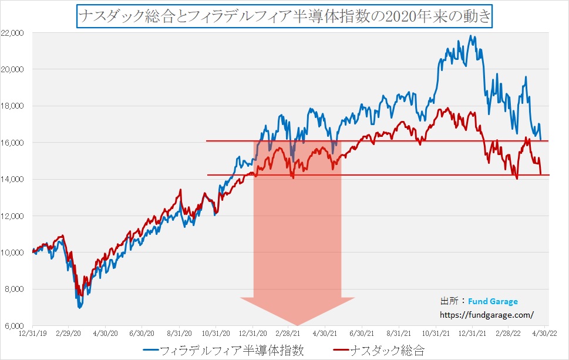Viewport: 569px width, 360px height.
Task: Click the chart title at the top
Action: [x=284, y=15]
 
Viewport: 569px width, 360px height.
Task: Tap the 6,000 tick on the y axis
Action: [x=14, y=326]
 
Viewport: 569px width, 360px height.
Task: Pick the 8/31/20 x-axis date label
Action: [x=179, y=334]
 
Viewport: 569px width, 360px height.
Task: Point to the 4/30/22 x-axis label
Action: [x=544, y=334]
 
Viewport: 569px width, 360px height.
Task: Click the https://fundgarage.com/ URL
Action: [x=487, y=314]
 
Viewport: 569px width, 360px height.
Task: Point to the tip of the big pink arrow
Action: [x=297, y=324]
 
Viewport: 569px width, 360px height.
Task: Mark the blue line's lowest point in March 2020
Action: [x=79, y=307]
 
